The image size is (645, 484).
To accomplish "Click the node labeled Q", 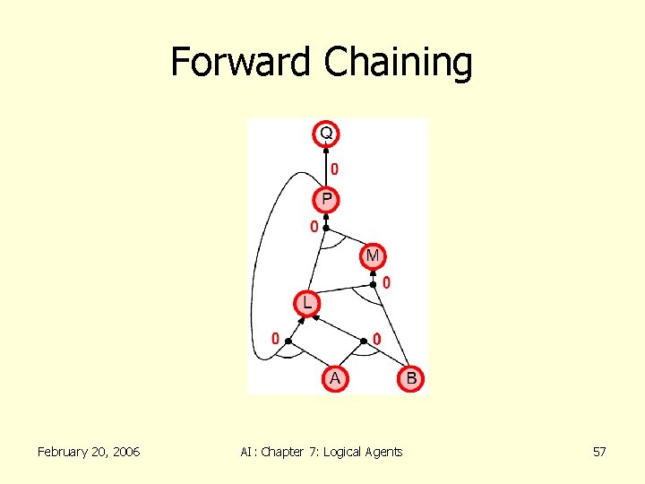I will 326,134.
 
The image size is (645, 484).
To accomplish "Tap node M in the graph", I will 373,256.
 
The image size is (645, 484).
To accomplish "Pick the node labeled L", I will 307,304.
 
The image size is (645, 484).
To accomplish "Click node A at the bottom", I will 335,379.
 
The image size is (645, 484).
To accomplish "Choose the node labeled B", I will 411,379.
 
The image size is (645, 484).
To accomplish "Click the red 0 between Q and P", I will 334,169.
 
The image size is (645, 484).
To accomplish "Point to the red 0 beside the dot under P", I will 314,227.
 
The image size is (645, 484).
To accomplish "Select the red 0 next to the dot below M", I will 386,283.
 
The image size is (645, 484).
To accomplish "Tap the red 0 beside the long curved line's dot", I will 276,339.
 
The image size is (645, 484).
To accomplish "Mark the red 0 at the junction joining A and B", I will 376,339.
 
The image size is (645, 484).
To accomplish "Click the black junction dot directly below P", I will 326,228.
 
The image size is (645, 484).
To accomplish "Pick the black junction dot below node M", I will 374,284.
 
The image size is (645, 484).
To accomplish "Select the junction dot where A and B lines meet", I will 364,341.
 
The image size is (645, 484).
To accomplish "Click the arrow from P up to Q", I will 326,167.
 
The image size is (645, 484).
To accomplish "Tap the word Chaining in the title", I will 398,62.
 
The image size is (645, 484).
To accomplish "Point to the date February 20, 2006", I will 89,452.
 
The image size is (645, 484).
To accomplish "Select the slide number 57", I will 599,452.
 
